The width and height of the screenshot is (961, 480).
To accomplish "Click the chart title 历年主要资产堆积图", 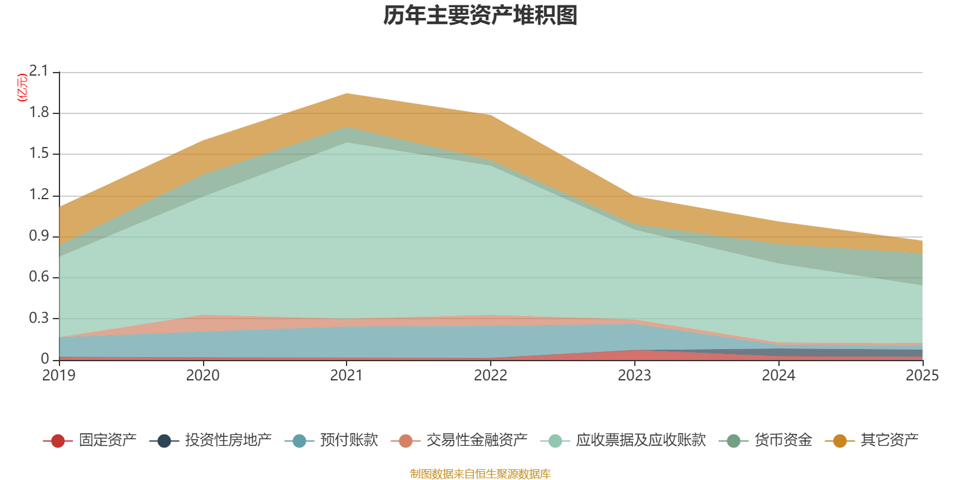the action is pos(480,16).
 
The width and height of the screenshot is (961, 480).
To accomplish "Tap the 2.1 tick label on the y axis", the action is pos(39,71).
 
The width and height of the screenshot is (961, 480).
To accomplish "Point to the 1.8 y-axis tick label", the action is pos(39,113).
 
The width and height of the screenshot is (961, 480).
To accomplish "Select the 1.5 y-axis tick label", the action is pos(39,154).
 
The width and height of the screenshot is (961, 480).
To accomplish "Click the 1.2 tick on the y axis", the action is pos(39,195).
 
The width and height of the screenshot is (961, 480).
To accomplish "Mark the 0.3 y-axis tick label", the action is pos(39,318).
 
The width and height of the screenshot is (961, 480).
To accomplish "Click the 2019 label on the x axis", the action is pos(59,376).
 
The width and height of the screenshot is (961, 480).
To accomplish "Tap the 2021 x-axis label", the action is pos(347,376).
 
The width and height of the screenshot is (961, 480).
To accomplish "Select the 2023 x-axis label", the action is pos(634,376).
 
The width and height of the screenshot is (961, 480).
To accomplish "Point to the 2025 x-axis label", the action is pos(923,376).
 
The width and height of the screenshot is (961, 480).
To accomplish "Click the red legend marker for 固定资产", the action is pos(58,440).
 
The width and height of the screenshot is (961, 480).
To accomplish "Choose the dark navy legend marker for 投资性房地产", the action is pos(165,440).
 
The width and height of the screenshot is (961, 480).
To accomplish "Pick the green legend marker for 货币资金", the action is pos(734,440).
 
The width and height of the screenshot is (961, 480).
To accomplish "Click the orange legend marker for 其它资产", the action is pos(840,440).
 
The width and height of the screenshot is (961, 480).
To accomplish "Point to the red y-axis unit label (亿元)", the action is pos(22,88).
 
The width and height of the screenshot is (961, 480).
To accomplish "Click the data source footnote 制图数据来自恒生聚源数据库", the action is pos(480,473).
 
